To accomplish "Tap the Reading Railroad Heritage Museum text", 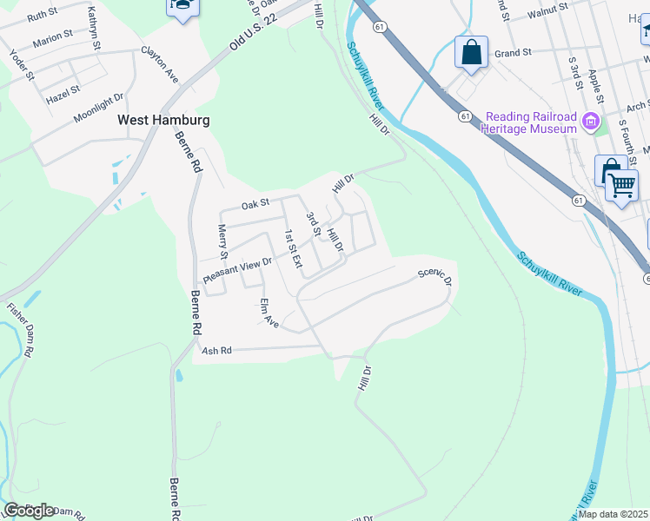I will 531,122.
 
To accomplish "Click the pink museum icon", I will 593,122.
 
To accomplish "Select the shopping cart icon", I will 620,184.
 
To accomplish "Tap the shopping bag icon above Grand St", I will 471,52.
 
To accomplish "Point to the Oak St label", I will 256,205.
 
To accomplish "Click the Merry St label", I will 222,242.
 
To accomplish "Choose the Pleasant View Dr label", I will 238,269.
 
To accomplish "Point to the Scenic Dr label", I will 434,277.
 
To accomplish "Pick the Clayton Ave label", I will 160,66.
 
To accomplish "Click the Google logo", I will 29,511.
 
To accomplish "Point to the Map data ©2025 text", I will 614,514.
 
